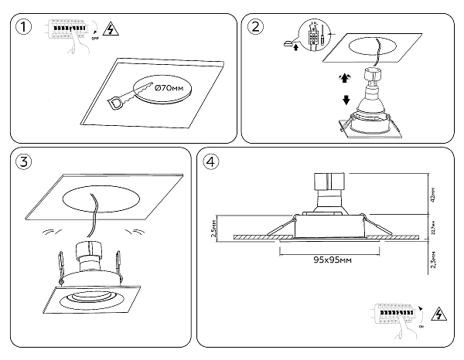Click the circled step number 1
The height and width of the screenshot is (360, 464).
[26, 29]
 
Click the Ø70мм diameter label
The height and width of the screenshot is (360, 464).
[169, 90]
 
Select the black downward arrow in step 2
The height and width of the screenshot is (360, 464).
[346, 100]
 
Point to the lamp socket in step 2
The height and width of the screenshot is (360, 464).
[377, 75]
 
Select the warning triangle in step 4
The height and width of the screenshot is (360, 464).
[442, 315]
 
